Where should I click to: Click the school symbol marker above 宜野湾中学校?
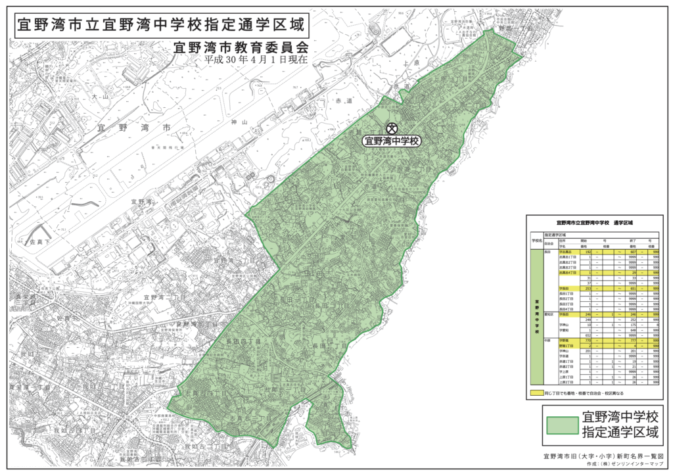click(392, 128)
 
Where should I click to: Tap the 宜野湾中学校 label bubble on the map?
click(392, 141)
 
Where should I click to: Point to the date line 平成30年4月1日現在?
click(256, 60)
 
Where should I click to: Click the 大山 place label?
click(100, 97)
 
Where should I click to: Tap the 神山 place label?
click(239, 122)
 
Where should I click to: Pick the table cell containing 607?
click(634, 252)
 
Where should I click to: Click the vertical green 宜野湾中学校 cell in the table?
click(537, 316)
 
